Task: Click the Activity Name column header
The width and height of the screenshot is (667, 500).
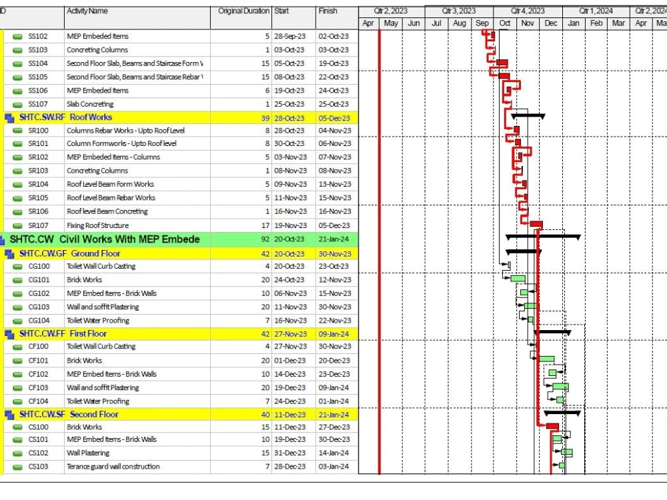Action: (x=87, y=11)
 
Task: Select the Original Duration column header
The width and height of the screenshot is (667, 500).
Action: (x=243, y=11)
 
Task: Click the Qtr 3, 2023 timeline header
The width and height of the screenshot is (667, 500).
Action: (x=459, y=11)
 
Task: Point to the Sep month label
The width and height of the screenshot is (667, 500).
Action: (x=482, y=23)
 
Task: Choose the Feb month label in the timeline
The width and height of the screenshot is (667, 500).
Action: (x=596, y=23)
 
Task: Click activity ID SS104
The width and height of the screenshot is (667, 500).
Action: (x=38, y=63)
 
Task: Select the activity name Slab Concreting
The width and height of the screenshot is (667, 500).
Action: (x=90, y=104)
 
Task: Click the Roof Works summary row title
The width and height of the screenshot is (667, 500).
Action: (x=91, y=117)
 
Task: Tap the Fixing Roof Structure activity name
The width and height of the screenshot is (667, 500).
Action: (x=97, y=225)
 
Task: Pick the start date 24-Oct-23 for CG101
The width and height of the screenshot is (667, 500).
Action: (x=289, y=280)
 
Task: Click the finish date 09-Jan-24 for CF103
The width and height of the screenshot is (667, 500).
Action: (x=333, y=388)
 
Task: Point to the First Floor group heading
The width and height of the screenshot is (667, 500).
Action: (x=88, y=333)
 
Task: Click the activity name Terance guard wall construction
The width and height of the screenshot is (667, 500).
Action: (x=113, y=467)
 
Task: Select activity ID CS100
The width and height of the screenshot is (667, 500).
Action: (x=38, y=427)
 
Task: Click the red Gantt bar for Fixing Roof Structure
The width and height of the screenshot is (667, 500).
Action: (x=536, y=225)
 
